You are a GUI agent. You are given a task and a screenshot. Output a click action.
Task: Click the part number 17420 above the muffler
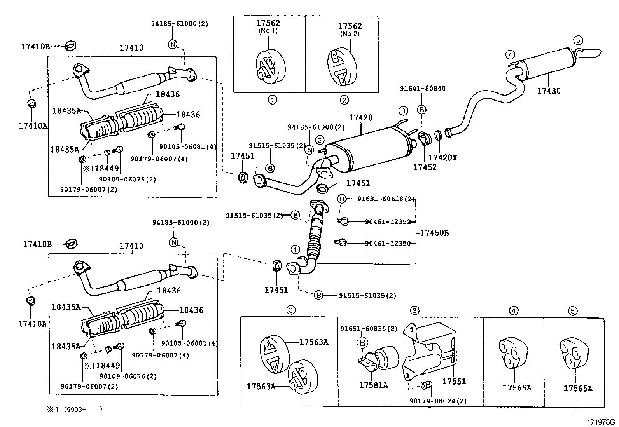[x=360, y=118]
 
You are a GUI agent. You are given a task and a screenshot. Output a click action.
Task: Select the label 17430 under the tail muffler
[x=549, y=91]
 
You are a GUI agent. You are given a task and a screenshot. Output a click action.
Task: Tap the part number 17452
[x=425, y=167]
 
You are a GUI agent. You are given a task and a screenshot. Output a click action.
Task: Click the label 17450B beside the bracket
[x=434, y=233]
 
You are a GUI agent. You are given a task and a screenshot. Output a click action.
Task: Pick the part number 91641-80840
[x=423, y=88]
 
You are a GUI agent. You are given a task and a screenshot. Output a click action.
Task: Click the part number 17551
[x=454, y=382]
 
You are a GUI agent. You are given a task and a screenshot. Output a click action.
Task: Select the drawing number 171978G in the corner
[x=601, y=422]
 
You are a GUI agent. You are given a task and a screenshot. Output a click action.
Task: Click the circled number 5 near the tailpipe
[x=578, y=40]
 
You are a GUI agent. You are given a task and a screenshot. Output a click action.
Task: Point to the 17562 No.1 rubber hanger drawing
[x=270, y=66]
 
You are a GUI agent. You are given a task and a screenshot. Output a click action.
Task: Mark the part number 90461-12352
[x=388, y=221]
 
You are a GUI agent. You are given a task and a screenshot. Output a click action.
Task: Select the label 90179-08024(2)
[x=438, y=401]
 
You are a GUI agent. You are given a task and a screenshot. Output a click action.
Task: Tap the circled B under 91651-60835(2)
[x=362, y=343]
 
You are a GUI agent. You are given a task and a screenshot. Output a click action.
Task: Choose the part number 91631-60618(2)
[x=386, y=199]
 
